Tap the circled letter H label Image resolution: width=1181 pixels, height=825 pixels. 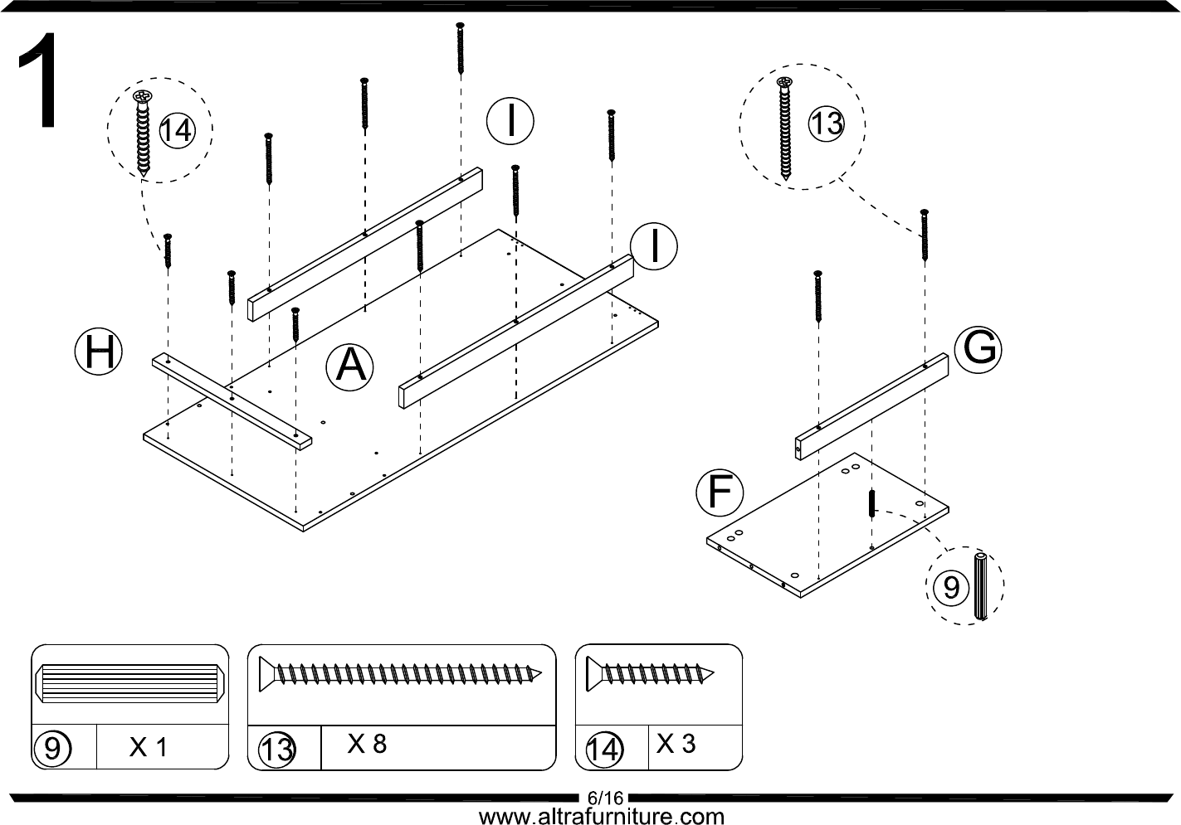tap(99, 352)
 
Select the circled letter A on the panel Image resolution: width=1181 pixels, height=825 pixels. tap(349, 366)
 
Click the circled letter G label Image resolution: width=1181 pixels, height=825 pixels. tap(978, 349)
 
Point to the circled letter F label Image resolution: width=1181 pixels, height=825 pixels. tap(719, 493)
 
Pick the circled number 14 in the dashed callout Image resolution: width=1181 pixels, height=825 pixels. tap(176, 130)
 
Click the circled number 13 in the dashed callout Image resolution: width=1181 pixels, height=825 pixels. tap(826, 124)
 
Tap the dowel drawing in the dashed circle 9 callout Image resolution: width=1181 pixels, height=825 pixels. tap(980, 587)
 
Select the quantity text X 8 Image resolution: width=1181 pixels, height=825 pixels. tap(367, 744)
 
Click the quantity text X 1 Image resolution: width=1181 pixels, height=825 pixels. tap(149, 748)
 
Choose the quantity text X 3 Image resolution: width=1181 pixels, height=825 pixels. tap(676, 744)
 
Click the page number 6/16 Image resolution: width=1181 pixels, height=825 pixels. tap(604, 798)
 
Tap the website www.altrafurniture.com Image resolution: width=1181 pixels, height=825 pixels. tap(602, 817)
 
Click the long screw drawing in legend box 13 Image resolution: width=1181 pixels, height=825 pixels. tap(402, 673)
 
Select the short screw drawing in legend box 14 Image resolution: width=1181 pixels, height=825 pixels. tap(650, 672)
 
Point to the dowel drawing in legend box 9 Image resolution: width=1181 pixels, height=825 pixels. tap(129, 682)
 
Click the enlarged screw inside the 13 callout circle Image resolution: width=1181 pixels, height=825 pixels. tap(784, 129)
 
